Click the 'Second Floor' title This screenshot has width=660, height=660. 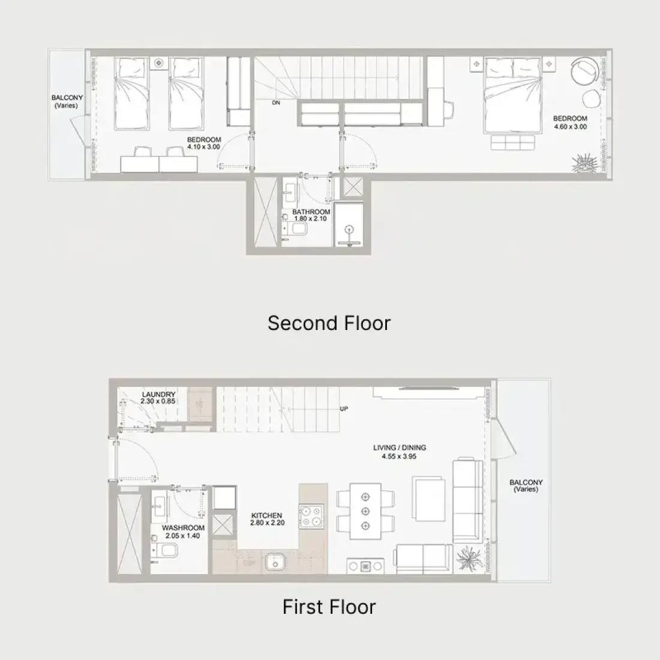click(329, 323)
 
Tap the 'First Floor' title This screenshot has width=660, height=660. click(329, 607)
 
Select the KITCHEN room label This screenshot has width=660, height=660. click(267, 515)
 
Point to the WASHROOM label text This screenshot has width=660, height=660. click(183, 528)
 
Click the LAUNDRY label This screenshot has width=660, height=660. click(158, 394)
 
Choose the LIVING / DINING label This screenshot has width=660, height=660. click(400, 448)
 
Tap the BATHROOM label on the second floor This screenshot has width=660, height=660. click(311, 212)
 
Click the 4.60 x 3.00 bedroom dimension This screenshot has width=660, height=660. click(570, 127)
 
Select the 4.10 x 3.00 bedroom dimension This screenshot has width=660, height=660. click(204, 147)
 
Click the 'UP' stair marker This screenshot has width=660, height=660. click(344, 409)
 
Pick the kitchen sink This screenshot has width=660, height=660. click(275, 563)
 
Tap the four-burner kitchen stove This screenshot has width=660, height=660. click(311, 517)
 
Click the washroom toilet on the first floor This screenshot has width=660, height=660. click(165, 550)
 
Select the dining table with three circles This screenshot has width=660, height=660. click(365, 511)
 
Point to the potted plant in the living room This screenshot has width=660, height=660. click(469, 559)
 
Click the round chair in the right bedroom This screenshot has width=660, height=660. click(586, 70)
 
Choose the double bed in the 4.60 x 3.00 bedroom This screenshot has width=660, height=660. click(512, 95)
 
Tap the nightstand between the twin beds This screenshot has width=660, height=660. click(158, 63)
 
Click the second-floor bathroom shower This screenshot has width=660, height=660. click(349, 224)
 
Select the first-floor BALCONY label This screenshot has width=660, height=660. click(526, 486)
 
